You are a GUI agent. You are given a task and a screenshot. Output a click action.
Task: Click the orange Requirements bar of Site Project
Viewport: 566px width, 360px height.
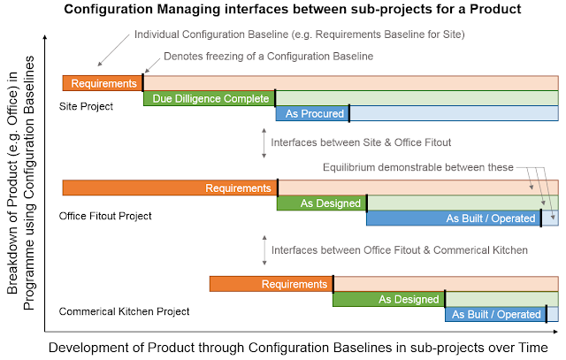click(x=103, y=83)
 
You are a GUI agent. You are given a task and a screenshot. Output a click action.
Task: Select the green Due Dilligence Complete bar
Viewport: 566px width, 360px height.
click(x=210, y=98)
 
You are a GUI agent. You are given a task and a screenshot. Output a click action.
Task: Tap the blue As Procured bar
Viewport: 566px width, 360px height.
click(x=312, y=113)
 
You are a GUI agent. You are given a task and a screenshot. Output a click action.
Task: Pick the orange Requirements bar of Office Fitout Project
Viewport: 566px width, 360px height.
click(x=170, y=188)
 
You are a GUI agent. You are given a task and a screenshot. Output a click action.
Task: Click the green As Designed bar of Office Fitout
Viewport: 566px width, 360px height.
click(x=322, y=203)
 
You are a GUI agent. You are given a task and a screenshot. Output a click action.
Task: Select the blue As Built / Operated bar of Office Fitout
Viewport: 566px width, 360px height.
click(x=454, y=218)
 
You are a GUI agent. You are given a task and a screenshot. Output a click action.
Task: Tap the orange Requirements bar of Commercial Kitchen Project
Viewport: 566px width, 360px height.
click(x=272, y=284)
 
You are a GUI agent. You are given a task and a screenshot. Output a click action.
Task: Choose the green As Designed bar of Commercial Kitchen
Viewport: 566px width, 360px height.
click(x=389, y=299)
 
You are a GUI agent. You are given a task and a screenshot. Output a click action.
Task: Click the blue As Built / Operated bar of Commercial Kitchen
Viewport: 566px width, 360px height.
click(x=495, y=314)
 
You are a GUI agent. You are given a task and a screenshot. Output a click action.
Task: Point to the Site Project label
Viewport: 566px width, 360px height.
click(x=86, y=106)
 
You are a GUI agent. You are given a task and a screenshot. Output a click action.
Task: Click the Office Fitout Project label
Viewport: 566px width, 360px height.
click(x=105, y=216)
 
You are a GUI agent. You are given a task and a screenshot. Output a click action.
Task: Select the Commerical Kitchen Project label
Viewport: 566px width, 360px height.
click(x=124, y=311)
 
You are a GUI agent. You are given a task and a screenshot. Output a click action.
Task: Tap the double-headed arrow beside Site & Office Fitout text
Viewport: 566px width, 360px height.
click(x=264, y=143)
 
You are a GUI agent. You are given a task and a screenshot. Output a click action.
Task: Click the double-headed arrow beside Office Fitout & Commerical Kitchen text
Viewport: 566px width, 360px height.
click(x=264, y=250)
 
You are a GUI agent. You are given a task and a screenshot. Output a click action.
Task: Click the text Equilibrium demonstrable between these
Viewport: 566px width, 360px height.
click(x=418, y=167)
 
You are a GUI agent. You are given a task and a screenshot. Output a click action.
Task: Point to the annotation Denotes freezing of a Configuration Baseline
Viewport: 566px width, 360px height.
click(x=268, y=57)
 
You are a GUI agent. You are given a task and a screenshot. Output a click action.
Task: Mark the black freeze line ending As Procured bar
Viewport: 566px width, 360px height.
click(x=349, y=113)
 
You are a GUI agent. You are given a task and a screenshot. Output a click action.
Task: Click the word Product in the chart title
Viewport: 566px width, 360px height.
click(x=495, y=9)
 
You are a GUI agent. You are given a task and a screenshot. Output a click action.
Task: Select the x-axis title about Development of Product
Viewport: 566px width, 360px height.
click(x=298, y=348)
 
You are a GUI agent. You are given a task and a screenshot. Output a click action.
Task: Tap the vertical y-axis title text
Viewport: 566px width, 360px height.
click(x=21, y=182)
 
